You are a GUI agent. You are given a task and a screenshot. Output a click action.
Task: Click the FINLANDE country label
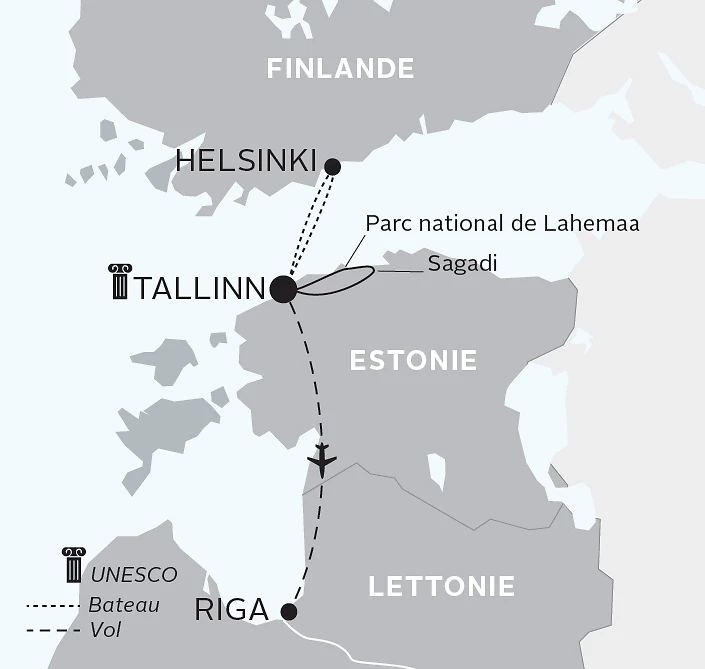coord(339,69)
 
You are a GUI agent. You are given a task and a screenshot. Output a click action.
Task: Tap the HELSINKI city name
coord(246,160)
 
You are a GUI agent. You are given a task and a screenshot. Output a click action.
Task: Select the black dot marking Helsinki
coord(333,166)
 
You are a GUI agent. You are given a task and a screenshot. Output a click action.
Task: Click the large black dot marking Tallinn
coord(283,289)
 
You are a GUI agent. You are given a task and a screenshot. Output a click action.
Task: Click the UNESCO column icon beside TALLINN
coord(121,282)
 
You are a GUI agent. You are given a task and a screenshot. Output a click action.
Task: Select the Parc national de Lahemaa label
coord(502,224)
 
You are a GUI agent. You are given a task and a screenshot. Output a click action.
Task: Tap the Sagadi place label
coord(462,263)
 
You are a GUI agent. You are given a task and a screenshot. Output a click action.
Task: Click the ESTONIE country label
coord(413,360)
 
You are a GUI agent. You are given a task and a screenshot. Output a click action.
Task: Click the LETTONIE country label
coord(441,586)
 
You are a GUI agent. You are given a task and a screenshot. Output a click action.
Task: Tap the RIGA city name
coord(231,610)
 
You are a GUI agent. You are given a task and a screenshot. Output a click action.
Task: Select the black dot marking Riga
coord(289,611)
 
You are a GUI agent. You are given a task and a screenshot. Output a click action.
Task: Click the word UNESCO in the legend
coord(134,575)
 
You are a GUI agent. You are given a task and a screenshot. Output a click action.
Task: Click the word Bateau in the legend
coord(124,604)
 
